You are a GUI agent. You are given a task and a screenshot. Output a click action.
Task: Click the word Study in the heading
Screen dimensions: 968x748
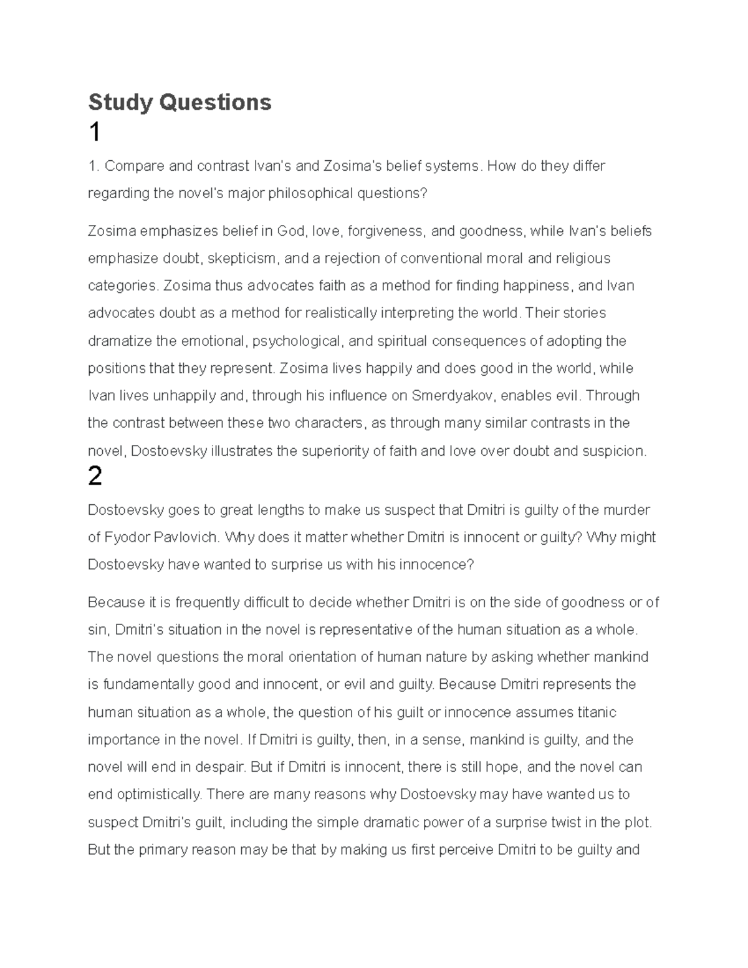click(120, 102)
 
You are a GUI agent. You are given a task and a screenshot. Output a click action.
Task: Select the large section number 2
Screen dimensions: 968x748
click(95, 477)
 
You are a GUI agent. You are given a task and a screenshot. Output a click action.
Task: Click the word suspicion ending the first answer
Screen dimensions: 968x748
click(613, 451)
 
